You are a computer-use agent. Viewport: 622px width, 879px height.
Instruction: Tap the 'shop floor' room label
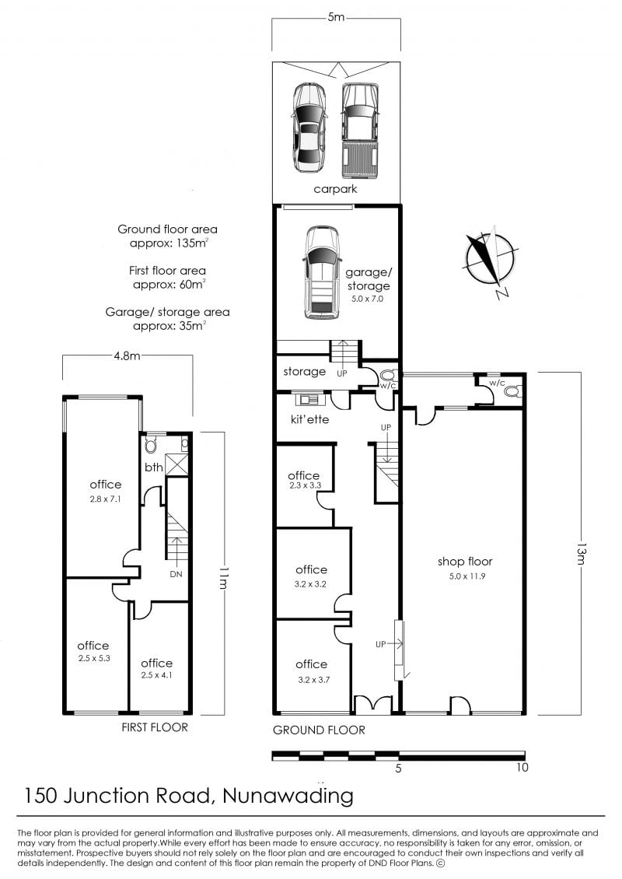click(x=465, y=561)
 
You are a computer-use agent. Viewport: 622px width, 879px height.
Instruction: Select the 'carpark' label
click(x=335, y=189)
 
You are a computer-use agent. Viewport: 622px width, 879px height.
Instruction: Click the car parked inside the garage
click(x=322, y=273)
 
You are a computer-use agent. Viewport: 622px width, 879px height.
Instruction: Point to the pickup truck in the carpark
click(x=359, y=131)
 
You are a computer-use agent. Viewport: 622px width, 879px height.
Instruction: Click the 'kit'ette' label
click(x=310, y=418)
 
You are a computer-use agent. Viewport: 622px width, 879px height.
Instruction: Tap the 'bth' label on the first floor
click(x=153, y=467)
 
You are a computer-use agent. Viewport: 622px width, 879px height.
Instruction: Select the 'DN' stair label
click(x=176, y=574)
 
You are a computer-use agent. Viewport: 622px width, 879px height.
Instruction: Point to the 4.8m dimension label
click(x=128, y=355)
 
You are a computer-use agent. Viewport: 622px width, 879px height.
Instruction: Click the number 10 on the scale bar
click(x=522, y=767)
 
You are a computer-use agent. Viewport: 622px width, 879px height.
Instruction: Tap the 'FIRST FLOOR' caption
click(x=155, y=727)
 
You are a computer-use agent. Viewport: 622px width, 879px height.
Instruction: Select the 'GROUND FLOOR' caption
click(x=319, y=730)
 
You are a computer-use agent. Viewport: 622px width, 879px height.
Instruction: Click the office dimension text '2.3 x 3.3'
click(x=306, y=485)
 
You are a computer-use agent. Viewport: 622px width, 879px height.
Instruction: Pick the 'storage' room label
click(x=304, y=371)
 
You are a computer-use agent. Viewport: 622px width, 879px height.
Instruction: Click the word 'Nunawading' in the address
click(x=288, y=796)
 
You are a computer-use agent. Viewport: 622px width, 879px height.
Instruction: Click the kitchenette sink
click(x=307, y=399)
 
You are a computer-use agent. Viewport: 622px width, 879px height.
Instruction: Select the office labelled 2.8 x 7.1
click(x=101, y=488)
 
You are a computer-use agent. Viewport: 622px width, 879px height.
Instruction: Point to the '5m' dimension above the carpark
click(x=336, y=17)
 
